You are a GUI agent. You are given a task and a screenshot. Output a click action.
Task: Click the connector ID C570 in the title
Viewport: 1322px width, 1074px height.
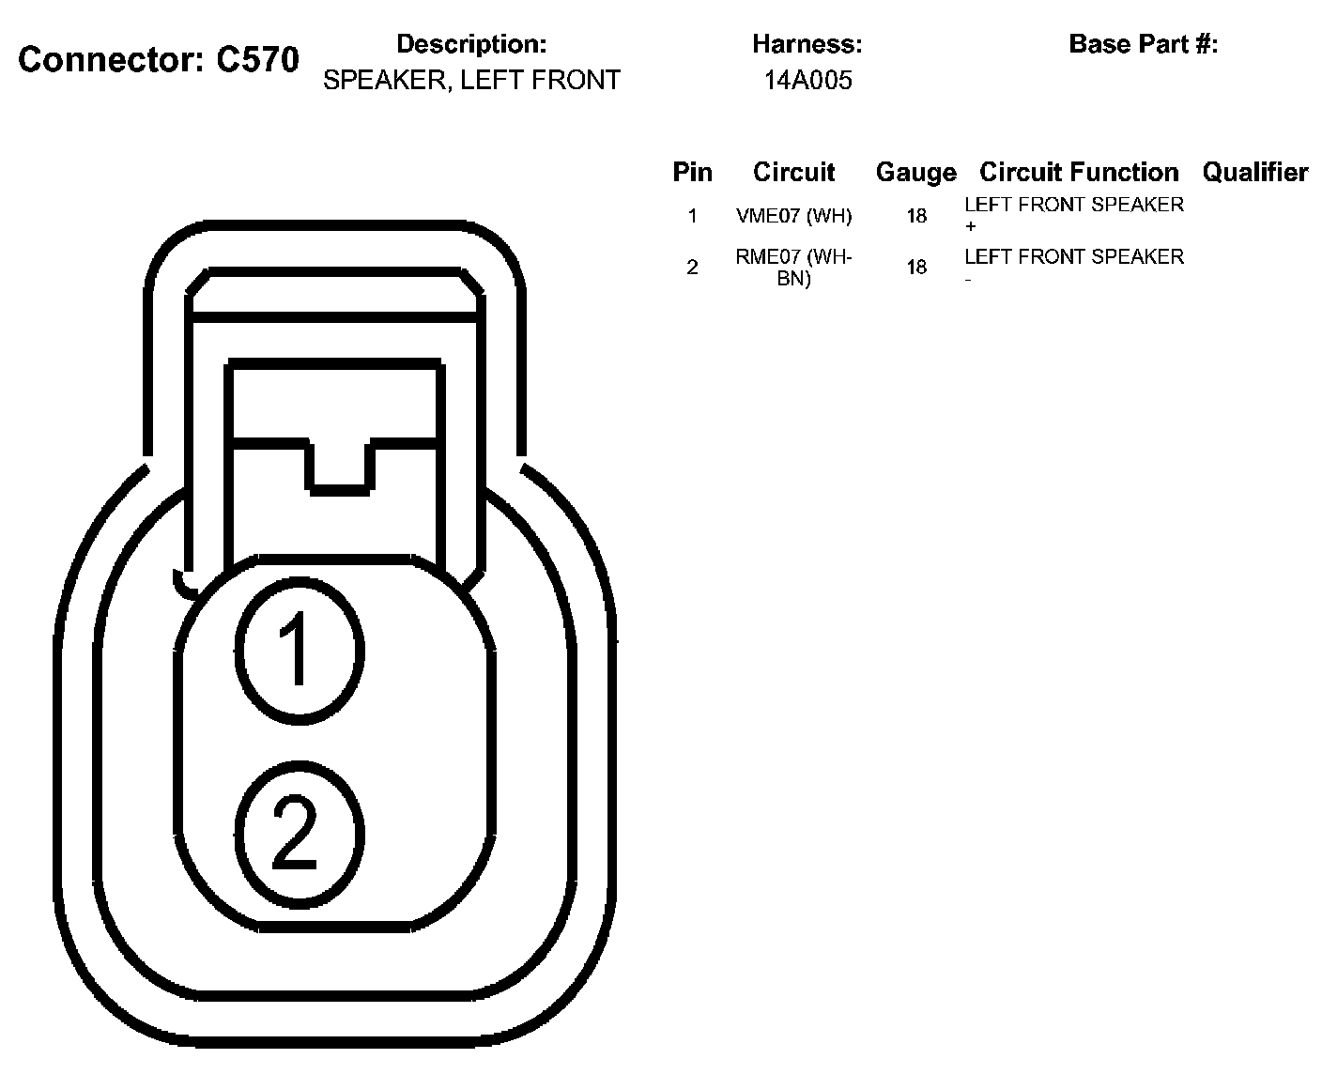257,60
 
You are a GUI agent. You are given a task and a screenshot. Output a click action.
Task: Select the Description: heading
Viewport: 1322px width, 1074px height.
471,44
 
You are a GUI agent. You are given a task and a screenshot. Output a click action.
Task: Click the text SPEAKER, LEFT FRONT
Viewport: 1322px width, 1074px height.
471,81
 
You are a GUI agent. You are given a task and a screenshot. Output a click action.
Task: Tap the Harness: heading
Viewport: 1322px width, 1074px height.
807,44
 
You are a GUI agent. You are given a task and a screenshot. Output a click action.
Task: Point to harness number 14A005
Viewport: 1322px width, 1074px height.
807,81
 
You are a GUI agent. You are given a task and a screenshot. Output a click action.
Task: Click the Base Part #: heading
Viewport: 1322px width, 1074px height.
1143,44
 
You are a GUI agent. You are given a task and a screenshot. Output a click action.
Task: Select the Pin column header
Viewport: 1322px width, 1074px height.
692,173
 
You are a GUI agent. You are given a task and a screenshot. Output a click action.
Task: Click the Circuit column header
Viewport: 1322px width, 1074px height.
793,173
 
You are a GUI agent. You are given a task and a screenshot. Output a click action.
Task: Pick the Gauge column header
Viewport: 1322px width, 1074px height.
915,173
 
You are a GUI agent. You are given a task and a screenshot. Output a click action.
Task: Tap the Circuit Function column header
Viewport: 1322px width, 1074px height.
1079,173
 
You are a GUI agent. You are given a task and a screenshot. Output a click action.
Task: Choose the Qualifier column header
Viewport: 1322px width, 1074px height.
1254,173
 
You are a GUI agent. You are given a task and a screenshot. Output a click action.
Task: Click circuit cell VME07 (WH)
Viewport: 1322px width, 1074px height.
793,216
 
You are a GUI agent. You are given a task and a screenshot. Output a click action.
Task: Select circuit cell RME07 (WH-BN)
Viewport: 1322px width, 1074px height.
793,268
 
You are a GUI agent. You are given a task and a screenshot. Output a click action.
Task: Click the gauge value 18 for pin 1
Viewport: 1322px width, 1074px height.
916,216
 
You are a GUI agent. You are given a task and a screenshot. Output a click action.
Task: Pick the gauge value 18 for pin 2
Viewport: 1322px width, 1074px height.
916,268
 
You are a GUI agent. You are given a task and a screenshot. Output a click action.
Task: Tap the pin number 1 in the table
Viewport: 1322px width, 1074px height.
692,216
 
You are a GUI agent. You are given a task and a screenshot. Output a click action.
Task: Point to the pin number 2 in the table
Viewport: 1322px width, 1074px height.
692,268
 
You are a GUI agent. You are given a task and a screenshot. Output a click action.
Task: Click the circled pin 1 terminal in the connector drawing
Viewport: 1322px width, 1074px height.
300,649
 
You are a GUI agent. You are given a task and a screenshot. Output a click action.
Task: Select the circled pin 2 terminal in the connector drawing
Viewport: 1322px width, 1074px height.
300,834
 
